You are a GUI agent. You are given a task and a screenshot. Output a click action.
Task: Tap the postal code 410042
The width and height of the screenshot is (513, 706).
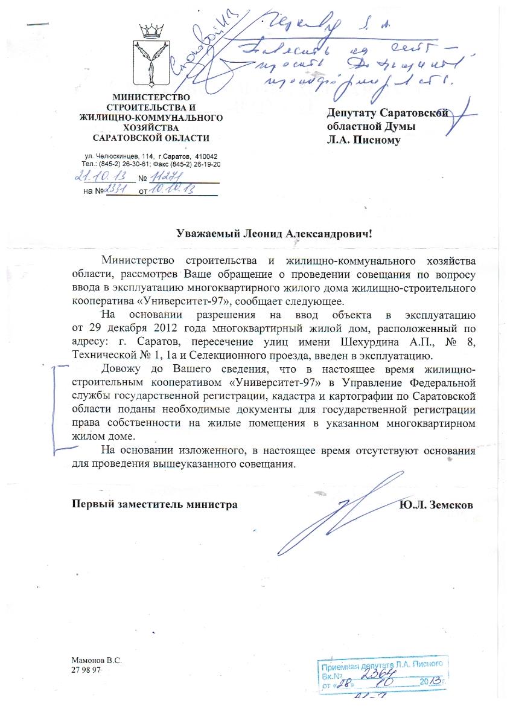coord(205,156)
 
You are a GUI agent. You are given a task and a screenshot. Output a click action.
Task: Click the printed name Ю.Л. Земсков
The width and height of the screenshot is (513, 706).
coord(436,504)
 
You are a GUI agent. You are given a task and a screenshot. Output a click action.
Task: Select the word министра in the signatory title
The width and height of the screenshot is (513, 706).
coord(212,504)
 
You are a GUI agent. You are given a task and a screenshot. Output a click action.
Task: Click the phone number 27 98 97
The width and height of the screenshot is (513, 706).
coord(85,671)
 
